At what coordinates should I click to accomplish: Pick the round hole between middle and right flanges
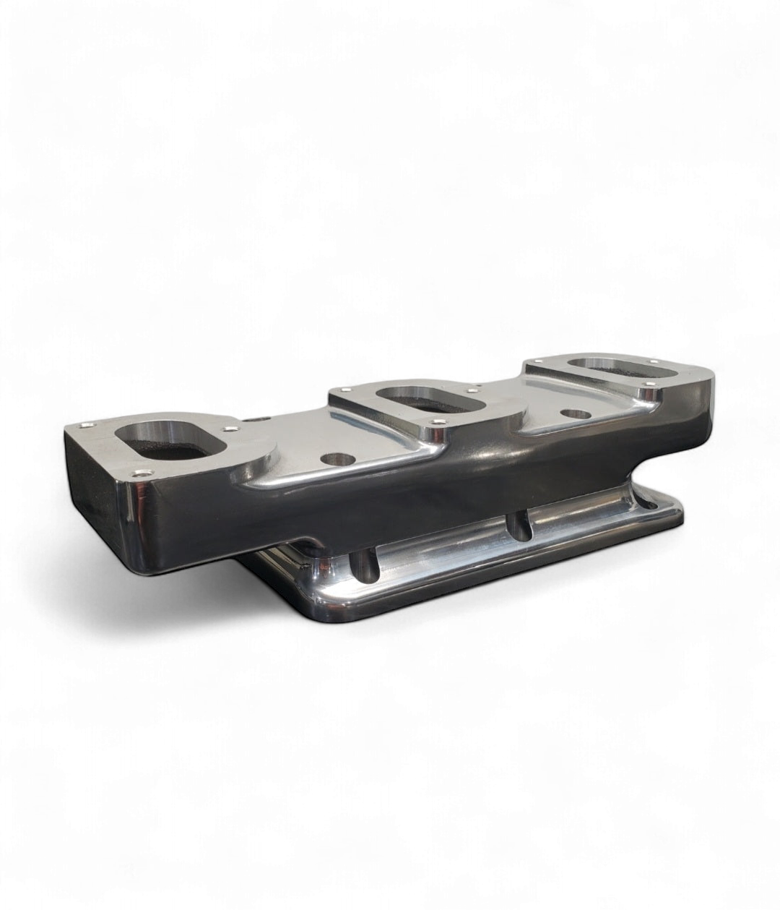[x=575, y=415]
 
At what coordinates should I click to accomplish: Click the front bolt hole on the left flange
[x=139, y=474]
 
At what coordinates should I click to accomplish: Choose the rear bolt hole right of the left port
[x=230, y=428]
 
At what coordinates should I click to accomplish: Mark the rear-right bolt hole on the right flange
[x=654, y=361]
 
